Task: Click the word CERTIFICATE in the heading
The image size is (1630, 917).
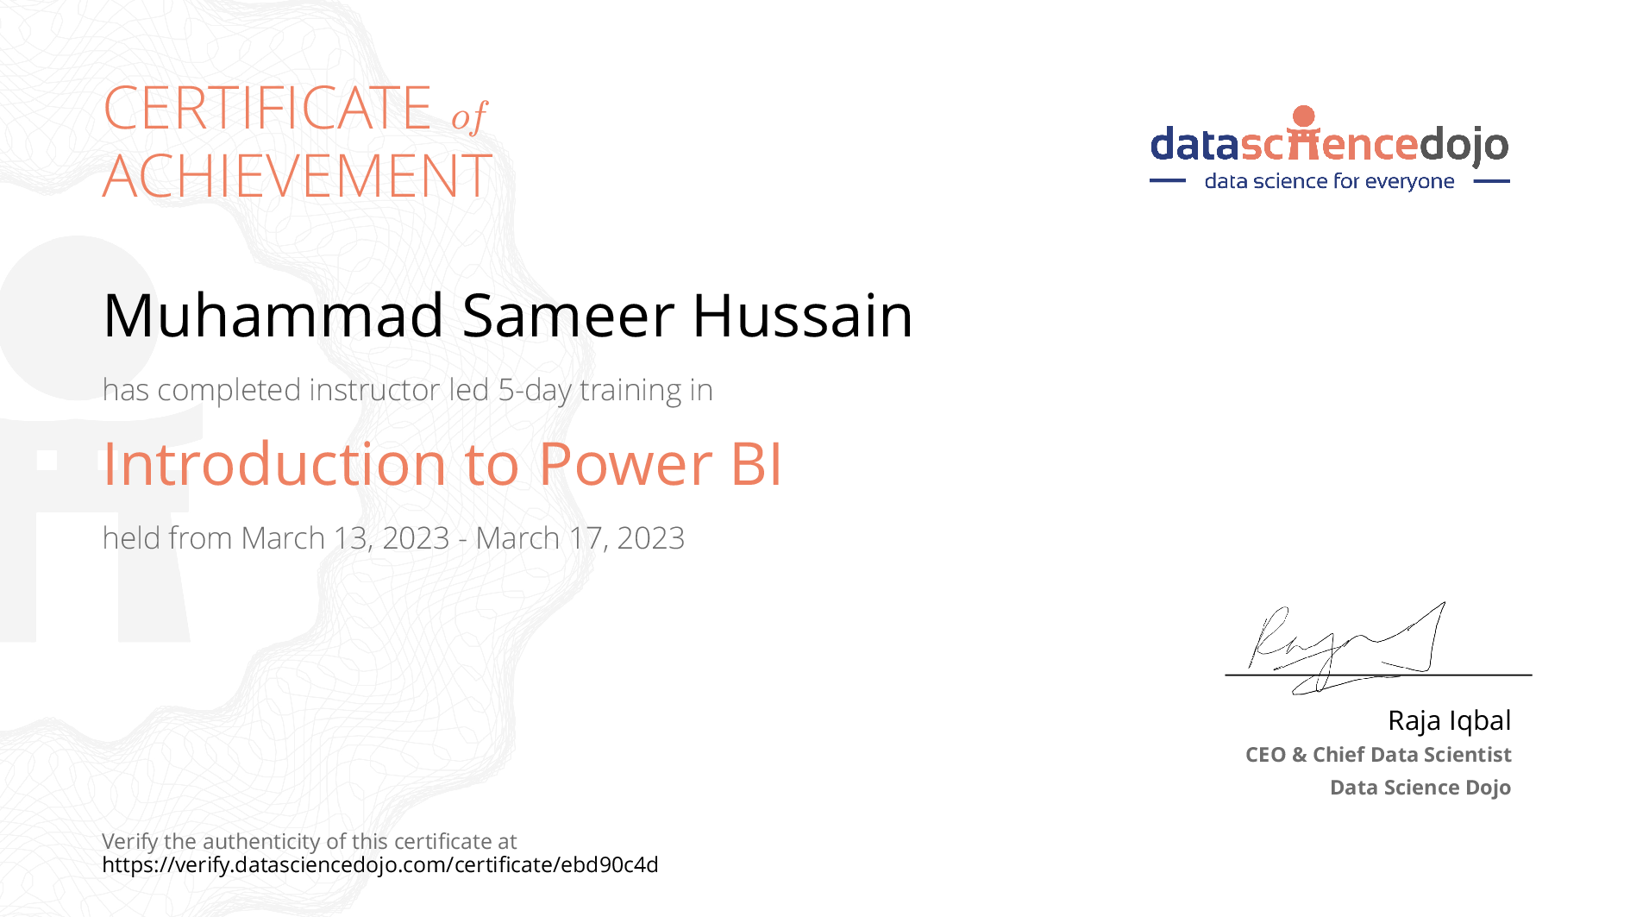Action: (x=267, y=108)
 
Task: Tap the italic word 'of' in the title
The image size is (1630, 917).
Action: (x=469, y=116)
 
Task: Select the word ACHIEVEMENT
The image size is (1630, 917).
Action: (x=298, y=176)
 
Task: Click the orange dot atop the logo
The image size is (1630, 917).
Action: (x=1304, y=116)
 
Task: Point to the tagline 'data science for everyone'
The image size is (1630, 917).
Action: (x=1329, y=181)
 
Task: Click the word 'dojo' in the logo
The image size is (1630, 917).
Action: (x=1464, y=145)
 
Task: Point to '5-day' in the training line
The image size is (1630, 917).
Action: (x=535, y=390)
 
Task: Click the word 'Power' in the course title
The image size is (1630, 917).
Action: (x=625, y=464)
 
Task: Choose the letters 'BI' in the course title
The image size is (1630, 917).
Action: (x=756, y=464)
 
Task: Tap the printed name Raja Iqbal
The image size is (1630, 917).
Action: (x=1449, y=720)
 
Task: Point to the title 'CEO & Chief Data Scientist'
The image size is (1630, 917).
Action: (x=1378, y=755)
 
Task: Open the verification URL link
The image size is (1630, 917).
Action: (x=380, y=864)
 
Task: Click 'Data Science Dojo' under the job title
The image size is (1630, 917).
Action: (x=1420, y=788)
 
